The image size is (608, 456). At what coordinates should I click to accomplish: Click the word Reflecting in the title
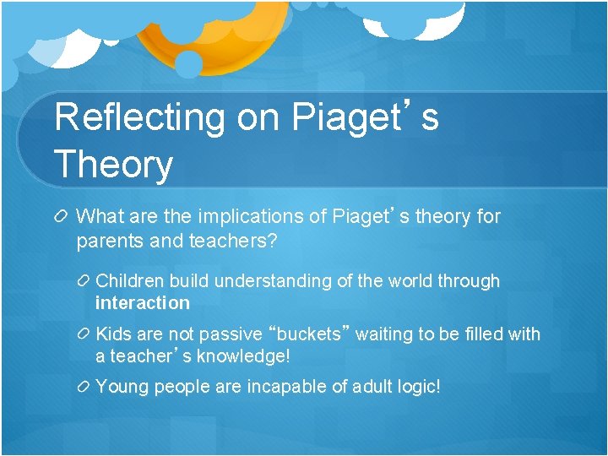tap(140, 118)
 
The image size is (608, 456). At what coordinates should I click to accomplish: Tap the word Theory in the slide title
tap(113, 164)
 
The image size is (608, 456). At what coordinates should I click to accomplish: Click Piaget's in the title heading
tap(365, 118)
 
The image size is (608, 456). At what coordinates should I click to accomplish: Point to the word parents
tap(107, 241)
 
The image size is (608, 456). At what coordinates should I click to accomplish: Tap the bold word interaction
tap(143, 303)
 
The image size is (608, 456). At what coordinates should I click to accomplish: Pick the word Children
tap(130, 281)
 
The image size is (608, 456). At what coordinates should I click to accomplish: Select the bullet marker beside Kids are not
tap(84, 334)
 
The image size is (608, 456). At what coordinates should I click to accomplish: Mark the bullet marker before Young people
tap(84, 388)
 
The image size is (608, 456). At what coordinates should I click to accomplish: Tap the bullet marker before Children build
tap(84, 281)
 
